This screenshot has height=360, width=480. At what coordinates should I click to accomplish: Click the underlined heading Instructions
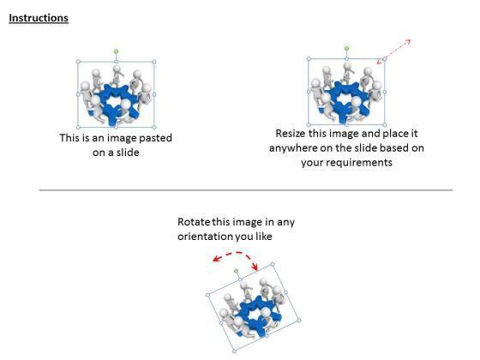[39, 18]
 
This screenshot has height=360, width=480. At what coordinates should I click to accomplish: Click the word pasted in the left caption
[155, 138]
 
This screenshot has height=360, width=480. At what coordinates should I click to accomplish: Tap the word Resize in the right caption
[291, 134]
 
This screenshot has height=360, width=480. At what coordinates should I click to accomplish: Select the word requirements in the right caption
[363, 163]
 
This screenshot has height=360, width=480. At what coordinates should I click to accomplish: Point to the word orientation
[205, 237]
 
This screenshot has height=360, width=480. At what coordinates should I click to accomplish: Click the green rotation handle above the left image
[116, 51]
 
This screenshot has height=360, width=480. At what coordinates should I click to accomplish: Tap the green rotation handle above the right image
[346, 48]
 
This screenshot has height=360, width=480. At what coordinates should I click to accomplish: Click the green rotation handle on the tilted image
[236, 271]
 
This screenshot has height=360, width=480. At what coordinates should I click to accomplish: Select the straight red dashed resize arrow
[393, 51]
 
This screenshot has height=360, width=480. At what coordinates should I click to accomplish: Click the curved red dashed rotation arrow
[237, 253]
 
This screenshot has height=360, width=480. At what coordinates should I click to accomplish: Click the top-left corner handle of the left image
[78, 62]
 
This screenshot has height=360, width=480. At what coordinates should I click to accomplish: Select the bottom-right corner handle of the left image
[154, 127]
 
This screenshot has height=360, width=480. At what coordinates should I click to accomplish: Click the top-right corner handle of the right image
[385, 58]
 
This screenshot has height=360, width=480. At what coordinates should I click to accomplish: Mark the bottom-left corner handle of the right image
[309, 124]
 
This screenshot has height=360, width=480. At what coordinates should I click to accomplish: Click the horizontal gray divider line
[246, 190]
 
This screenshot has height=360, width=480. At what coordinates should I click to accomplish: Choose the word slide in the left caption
[128, 153]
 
